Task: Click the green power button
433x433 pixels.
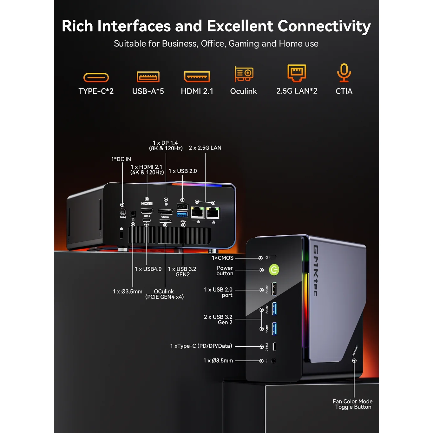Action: (x=274, y=270)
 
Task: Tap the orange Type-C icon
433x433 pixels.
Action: (x=96, y=77)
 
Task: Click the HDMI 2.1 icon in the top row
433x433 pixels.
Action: (x=197, y=76)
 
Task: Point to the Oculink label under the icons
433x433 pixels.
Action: (x=243, y=91)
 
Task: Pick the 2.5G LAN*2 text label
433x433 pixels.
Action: (x=297, y=91)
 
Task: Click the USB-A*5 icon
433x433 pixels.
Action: (x=148, y=77)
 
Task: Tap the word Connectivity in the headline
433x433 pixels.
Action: (x=324, y=26)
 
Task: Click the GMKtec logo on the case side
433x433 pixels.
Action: (x=316, y=271)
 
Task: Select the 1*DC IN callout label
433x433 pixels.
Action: (x=121, y=159)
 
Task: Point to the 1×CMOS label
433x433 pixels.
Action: (x=223, y=258)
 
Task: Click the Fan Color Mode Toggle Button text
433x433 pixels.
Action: (x=353, y=404)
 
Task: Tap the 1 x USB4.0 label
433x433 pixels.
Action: (x=148, y=269)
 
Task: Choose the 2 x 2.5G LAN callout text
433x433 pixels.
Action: (x=205, y=148)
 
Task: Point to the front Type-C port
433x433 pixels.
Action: (x=274, y=347)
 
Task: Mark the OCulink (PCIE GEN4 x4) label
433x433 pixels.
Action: (x=164, y=294)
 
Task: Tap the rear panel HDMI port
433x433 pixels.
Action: (x=147, y=211)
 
